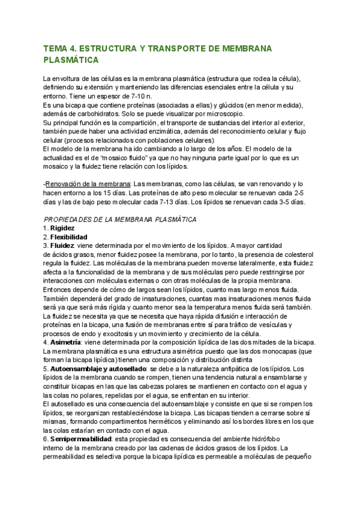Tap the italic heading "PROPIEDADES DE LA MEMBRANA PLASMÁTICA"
point(120,220)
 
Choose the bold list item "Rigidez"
point(62,229)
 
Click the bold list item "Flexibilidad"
point(68,237)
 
